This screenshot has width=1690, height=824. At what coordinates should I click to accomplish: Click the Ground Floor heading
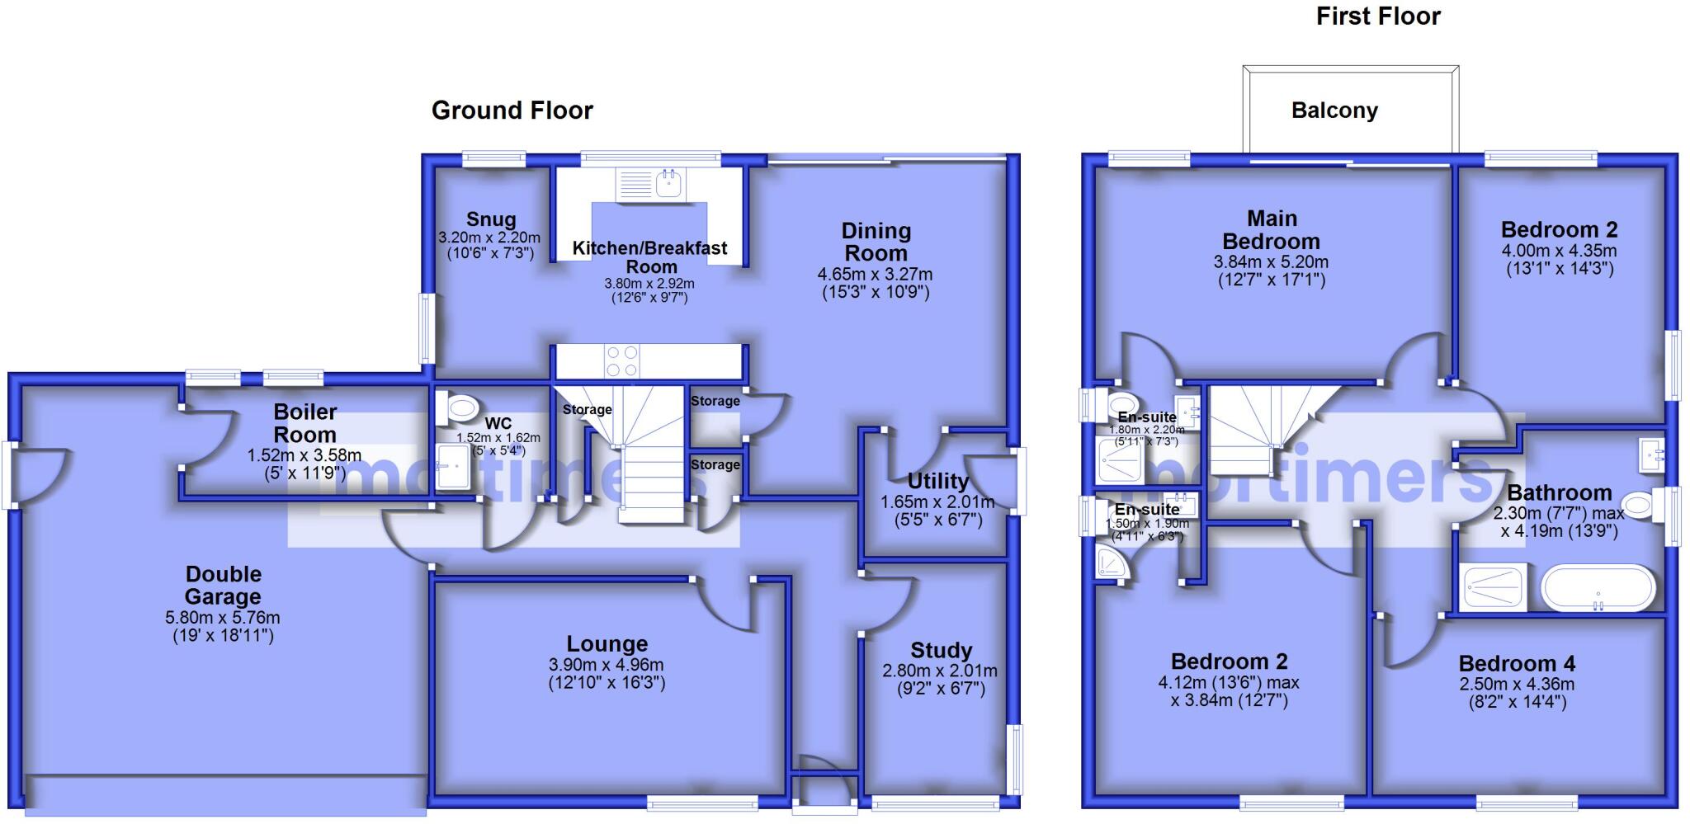[x=512, y=111]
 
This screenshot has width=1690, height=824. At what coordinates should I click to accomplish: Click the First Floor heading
[x=1377, y=16]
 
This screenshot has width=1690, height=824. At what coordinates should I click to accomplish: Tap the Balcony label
[x=1334, y=111]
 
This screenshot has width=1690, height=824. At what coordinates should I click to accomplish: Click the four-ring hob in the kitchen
[x=621, y=362]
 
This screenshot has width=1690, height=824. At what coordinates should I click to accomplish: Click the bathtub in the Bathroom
[x=1598, y=587]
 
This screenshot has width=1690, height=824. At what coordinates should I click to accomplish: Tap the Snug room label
[x=491, y=219]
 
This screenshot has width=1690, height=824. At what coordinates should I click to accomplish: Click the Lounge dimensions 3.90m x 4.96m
[x=606, y=665]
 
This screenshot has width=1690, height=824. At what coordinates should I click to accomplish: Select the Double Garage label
[x=223, y=585]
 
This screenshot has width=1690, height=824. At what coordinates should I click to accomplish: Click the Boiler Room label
[x=304, y=422]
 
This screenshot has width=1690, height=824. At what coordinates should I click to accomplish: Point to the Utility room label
[x=937, y=481]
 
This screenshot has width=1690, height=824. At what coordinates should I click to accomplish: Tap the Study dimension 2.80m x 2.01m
[x=940, y=671]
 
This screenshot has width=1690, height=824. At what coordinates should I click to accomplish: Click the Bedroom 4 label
[x=1517, y=663]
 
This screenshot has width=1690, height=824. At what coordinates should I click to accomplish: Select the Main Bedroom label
[x=1271, y=230]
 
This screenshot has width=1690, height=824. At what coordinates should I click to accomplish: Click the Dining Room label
[x=876, y=242]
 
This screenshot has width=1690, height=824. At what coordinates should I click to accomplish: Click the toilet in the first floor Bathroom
[x=1639, y=506]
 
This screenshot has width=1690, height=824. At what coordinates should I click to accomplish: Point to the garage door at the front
[x=225, y=792]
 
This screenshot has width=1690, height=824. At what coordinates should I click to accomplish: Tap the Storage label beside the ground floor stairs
[x=587, y=410]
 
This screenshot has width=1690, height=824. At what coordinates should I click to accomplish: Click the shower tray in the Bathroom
[x=1494, y=587]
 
